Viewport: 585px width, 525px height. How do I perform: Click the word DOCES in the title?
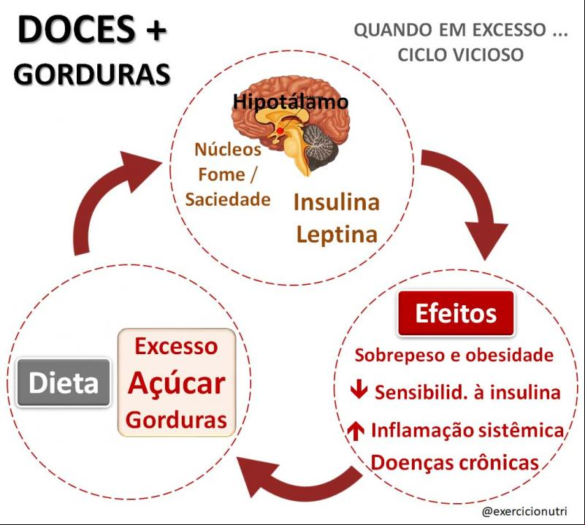(77, 29)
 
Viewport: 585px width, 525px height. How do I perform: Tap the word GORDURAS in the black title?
(92, 74)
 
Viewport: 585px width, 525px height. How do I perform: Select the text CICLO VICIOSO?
(460, 55)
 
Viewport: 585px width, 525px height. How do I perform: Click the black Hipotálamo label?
(290, 101)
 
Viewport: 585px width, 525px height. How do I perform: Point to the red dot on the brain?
(280, 131)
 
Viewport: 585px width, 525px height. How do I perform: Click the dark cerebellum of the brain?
(320, 145)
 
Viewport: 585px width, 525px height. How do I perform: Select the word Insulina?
(337, 202)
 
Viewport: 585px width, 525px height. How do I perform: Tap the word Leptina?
(337, 234)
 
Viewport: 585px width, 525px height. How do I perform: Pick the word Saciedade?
(228, 199)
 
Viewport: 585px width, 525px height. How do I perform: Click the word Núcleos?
(228, 149)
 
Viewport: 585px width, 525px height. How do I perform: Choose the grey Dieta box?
(64, 383)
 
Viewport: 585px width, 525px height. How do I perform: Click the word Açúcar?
(177, 384)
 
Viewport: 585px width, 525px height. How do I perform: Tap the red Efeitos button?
(456, 313)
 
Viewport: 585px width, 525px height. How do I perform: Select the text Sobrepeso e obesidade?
(454, 355)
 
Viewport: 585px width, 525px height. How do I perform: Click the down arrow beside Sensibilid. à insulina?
(359, 391)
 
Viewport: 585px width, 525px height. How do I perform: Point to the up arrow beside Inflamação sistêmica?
(356, 431)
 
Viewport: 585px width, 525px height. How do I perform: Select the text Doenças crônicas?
(455, 463)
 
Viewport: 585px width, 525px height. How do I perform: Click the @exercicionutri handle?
(524, 511)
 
